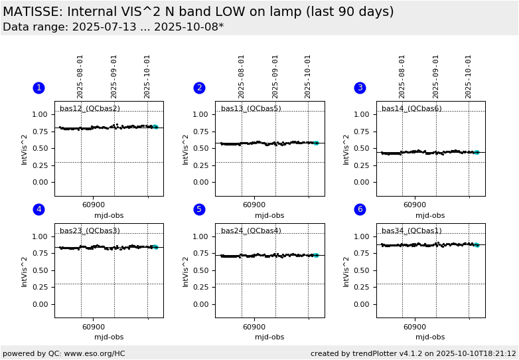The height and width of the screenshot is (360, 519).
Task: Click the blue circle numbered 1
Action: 38,88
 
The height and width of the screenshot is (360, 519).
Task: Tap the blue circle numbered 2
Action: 199,88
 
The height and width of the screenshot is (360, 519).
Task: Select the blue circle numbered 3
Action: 360,88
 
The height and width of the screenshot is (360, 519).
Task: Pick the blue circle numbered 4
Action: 38,209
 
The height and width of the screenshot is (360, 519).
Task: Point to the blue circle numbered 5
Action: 199,209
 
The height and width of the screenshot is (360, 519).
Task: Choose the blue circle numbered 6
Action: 360,209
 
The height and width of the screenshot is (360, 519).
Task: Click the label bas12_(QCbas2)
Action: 90,109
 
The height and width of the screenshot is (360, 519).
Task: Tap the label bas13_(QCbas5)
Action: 251,109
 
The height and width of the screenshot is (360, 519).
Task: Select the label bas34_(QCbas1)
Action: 411,231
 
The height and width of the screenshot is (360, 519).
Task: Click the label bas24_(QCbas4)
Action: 251,231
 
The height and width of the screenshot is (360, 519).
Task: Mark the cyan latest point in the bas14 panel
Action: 477,152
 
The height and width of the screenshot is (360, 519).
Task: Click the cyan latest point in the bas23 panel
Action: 155,247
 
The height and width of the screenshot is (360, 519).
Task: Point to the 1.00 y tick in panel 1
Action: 40,114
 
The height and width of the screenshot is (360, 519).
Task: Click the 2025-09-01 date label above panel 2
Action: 275,76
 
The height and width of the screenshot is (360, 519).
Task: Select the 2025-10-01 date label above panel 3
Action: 469,76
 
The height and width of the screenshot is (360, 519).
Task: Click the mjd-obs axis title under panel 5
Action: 269,337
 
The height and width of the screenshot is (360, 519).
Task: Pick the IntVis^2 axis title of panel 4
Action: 25,270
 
